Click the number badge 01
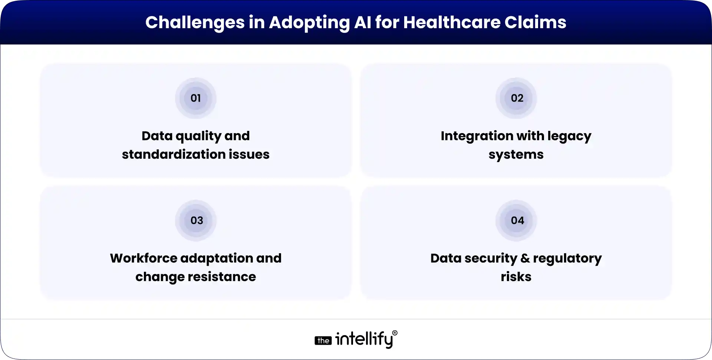pos(195,98)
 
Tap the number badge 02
pos(517,98)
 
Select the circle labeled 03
pos(196,221)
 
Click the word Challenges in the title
pos(195,23)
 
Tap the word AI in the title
pos(362,23)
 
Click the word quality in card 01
pos(198,136)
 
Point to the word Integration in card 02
pos(477,136)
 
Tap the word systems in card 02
pos(516,154)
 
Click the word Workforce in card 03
pos(144,258)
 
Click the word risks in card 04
pos(516,277)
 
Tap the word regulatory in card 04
pos(567,258)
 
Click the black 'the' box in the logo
pos(323,340)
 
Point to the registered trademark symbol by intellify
pos(395,333)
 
